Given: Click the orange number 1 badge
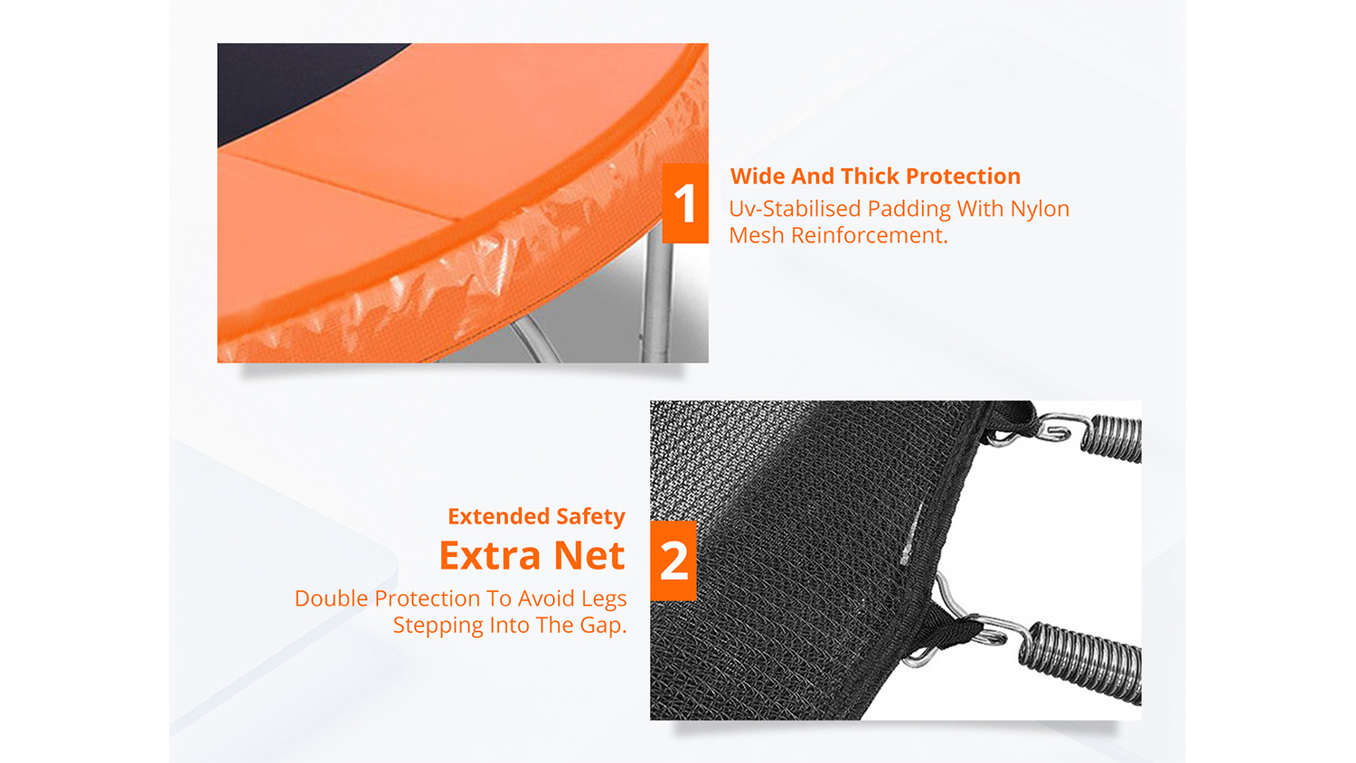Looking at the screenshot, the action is click(685, 203).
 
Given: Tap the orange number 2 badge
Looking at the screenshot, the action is click(673, 560).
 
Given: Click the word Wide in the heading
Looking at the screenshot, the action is click(758, 176).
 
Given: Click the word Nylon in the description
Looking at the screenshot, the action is click(1040, 210).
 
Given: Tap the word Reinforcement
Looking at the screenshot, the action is click(870, 236).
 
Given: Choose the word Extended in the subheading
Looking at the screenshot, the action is click(498, 516).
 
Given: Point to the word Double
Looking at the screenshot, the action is click(331, 598).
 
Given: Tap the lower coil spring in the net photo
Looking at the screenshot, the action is click(1080, 663).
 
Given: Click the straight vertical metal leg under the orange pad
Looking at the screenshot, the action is click(657, 297).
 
